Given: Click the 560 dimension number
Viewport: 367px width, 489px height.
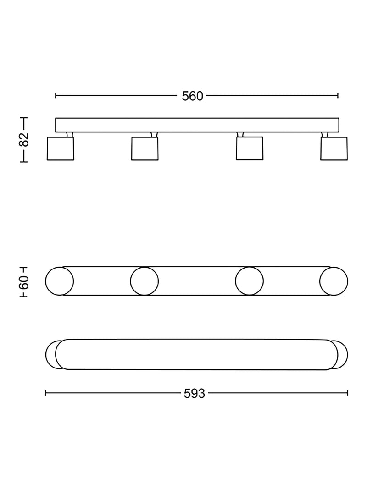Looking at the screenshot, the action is (193, 96).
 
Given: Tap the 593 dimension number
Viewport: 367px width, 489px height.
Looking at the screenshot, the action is (195, 394).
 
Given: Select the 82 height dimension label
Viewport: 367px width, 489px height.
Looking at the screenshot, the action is (24, 140).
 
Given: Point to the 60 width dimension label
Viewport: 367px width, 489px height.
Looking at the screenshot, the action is (24, 282).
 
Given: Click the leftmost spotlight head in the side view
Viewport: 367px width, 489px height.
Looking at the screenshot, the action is (61, 149).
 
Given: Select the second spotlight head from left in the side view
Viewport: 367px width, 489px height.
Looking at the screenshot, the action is (145, 149).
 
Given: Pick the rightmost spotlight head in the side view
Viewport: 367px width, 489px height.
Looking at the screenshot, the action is (334, 149).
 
